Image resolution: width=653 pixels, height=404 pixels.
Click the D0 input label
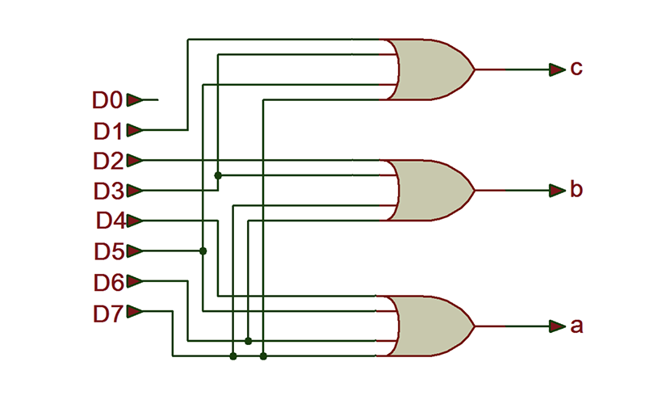click(107, 100)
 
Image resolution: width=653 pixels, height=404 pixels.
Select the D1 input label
click(107, 130)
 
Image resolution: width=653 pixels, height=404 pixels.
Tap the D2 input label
click(107, 160)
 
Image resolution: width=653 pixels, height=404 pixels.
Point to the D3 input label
click(107, 191)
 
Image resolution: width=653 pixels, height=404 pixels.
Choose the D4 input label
click(109, 221)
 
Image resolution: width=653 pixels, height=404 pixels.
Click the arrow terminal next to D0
click(135, 100)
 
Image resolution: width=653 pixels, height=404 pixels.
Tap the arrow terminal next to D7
click(135, 312)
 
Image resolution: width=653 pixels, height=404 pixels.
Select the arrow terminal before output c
click(555, 69)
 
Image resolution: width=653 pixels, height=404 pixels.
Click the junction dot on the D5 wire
click(203, 251)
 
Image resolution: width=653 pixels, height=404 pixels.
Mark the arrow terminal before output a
click(555, 326)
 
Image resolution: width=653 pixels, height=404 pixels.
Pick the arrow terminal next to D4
click(135, 221)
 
